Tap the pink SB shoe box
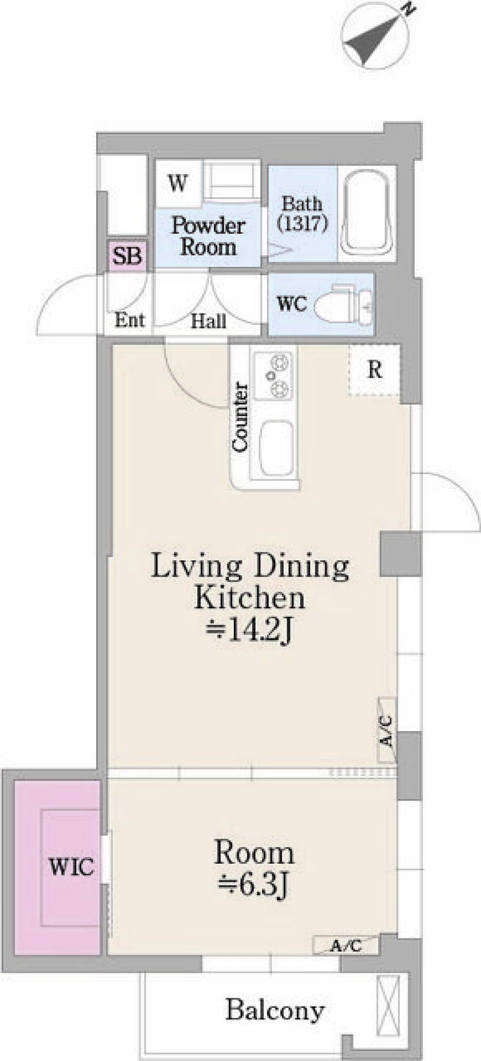(127, 256)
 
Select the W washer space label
(178, 184)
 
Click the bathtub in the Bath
(366, 214)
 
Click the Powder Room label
(208, 236)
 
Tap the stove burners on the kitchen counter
(273, 375)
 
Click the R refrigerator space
(374, 370)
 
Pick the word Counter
(240, 417)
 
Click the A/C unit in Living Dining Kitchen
(386, 731)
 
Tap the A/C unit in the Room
(345, 944)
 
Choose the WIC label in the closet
(71, 867)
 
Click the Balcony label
(275, 1009)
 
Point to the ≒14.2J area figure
(249, 632)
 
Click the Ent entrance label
(129, 320)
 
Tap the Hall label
(208, 321)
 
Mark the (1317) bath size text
(303, 223)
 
